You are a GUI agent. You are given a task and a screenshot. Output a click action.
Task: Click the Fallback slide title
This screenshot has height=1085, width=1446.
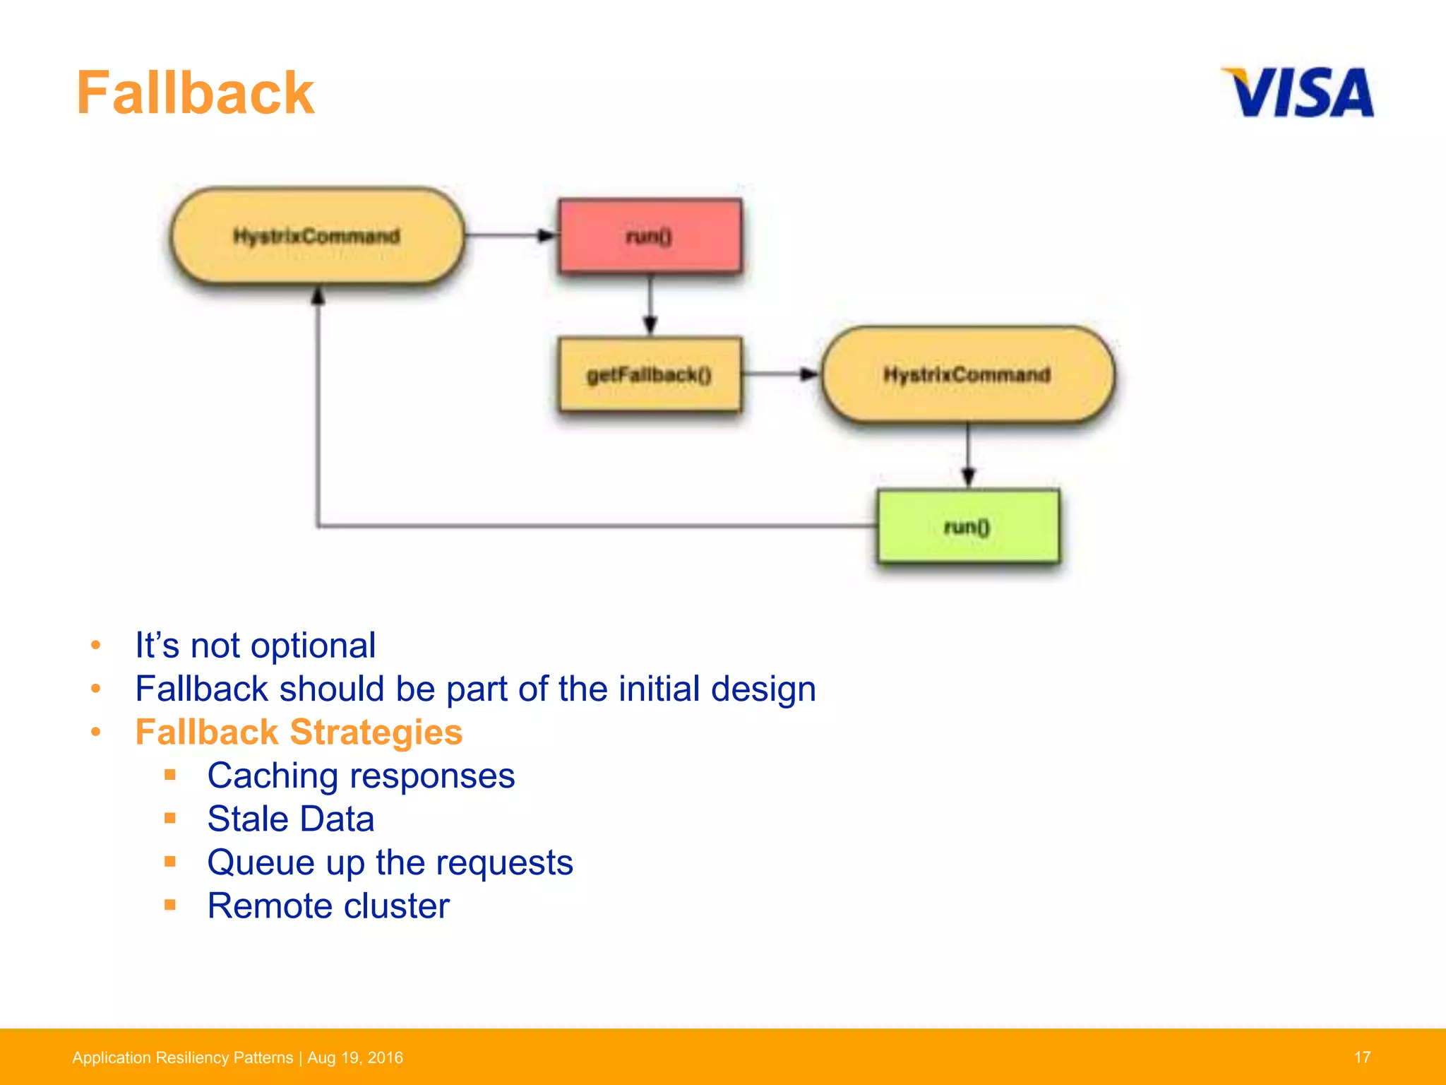click(195, 93)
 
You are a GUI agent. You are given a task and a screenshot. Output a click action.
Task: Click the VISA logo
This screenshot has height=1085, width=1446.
click(1298, 93)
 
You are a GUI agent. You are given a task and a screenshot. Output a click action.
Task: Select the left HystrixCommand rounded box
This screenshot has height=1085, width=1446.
click(317, 236)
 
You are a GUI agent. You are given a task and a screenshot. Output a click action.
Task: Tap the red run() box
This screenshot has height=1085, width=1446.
click(650, 236)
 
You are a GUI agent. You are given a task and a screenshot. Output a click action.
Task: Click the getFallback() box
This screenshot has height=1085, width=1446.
click(650, 374)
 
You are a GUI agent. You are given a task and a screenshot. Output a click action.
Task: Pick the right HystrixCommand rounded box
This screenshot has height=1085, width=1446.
click(967, 374)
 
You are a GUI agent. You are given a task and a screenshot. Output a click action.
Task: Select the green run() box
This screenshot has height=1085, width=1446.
click(967, 526)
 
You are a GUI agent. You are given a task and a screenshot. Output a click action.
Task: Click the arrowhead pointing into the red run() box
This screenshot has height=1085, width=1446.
click(547, 236)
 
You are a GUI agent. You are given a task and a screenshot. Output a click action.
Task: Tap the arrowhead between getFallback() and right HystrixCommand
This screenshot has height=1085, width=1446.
click(809, 374)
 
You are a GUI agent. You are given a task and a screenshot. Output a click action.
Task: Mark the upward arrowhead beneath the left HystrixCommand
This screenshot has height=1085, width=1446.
click(318, 295)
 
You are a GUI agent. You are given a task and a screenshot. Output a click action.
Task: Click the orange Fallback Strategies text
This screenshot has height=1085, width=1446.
click(299, 732)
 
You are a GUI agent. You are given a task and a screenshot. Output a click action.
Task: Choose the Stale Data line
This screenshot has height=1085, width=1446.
click(290, 819)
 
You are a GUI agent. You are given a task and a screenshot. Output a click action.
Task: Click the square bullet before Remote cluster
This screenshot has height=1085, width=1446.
click(170, 905)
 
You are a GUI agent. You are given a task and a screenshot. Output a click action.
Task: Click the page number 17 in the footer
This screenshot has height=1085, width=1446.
click(1362, 1057)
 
